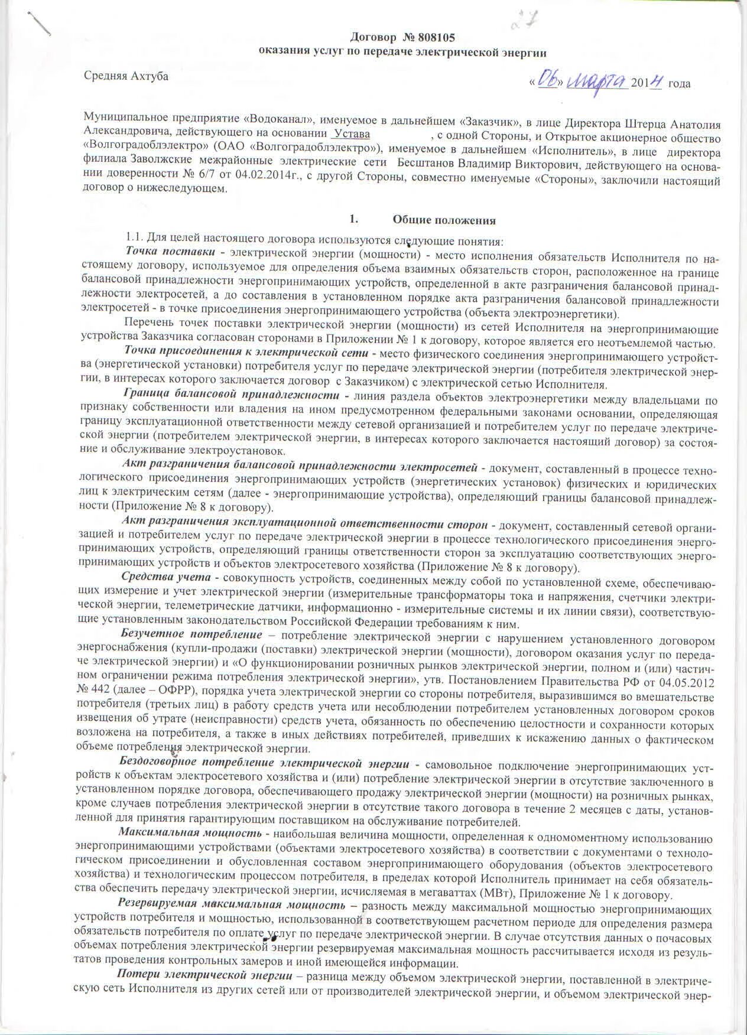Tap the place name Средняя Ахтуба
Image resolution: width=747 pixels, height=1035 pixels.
[x=125, y=76]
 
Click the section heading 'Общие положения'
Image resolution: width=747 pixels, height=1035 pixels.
[x=444, y=220]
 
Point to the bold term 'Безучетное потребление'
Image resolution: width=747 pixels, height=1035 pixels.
[x=191, y=634]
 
